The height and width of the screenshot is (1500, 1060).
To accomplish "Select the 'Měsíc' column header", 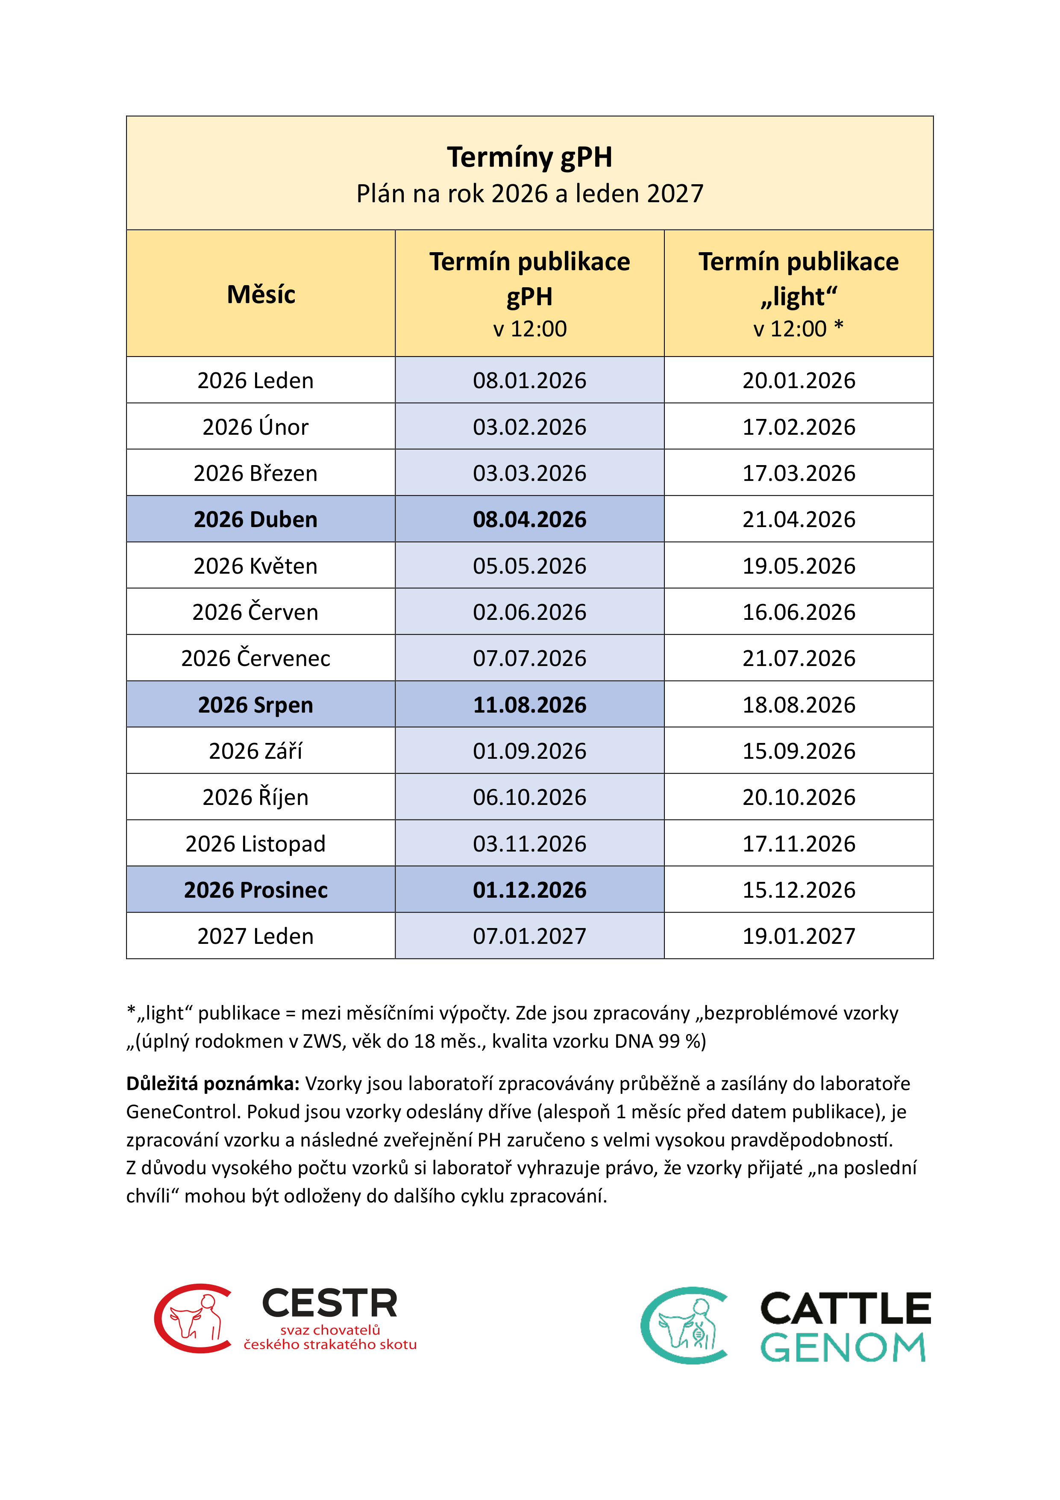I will tap(261, 295).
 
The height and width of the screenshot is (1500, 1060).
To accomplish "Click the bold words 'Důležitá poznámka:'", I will tap(212, 1084).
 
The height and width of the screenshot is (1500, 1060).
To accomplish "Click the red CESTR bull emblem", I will tap(193, 1318).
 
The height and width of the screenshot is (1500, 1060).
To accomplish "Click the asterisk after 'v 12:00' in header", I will tap(839, 327).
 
